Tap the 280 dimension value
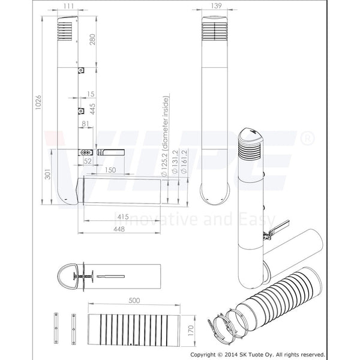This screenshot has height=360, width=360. (92, 39)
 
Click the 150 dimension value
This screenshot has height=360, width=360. (109, 170)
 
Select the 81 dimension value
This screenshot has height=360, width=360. (85, 124)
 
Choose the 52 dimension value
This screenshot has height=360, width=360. (87, 161)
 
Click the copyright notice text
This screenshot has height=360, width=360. (260, 355)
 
